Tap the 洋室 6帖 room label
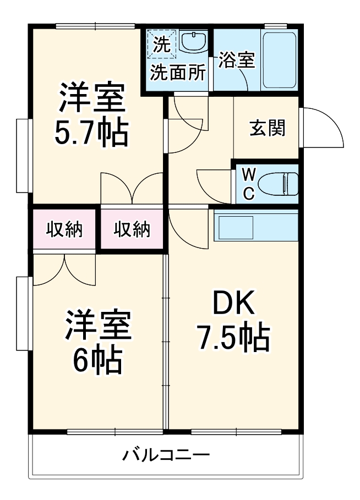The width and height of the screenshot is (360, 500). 97,342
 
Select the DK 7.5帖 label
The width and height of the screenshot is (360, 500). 233,321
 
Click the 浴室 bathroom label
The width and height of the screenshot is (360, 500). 237,60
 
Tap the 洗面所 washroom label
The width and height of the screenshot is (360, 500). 178,72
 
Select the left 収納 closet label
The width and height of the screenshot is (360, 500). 64,229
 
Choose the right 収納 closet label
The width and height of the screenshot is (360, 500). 132,229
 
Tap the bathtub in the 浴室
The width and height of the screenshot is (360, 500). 280,61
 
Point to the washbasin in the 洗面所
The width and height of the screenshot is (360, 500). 193,41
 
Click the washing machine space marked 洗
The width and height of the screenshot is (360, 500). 161,43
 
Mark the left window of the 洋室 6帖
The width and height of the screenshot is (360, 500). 22,314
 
